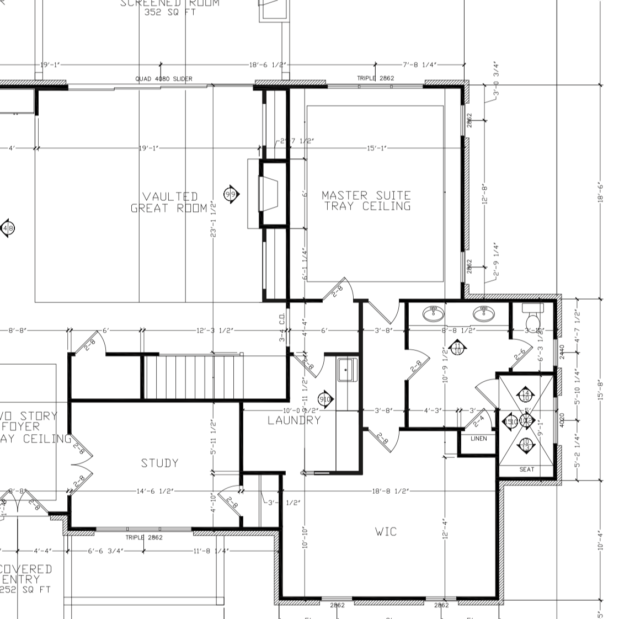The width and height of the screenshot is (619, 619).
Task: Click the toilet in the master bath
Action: (x=533, y=319)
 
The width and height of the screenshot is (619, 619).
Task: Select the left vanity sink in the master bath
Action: (x=434, y=313)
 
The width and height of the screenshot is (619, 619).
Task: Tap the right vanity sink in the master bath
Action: (x=484, y=313)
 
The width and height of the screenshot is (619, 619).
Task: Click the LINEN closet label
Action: (x=478, y=439)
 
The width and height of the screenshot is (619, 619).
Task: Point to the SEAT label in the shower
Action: (x=527, y=469)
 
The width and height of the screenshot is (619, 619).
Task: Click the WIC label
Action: (x=386, y=532)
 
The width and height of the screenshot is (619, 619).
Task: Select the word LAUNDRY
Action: (x=294, y=420)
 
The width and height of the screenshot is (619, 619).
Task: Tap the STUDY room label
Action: (x=159, y=463)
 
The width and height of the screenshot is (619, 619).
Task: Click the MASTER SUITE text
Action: (x=366, y=195)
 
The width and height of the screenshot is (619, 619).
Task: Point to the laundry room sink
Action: (x=348, y=369)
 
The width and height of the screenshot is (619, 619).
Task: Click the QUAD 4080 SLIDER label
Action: (x=164, y=79)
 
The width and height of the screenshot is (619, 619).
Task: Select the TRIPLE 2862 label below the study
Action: (x=144, y=537)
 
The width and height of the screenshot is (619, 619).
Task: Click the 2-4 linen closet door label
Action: (x=479, y=420)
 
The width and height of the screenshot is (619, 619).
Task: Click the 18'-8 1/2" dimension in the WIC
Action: (x=389, y=491)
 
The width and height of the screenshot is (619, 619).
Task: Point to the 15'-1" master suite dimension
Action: (x=376, y=148)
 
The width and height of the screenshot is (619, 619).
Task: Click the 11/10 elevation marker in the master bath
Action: (x=457, y=348)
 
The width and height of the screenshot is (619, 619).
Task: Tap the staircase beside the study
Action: (x=193, y=377)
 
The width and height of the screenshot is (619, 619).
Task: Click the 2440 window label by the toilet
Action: (x=562, y=352)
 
